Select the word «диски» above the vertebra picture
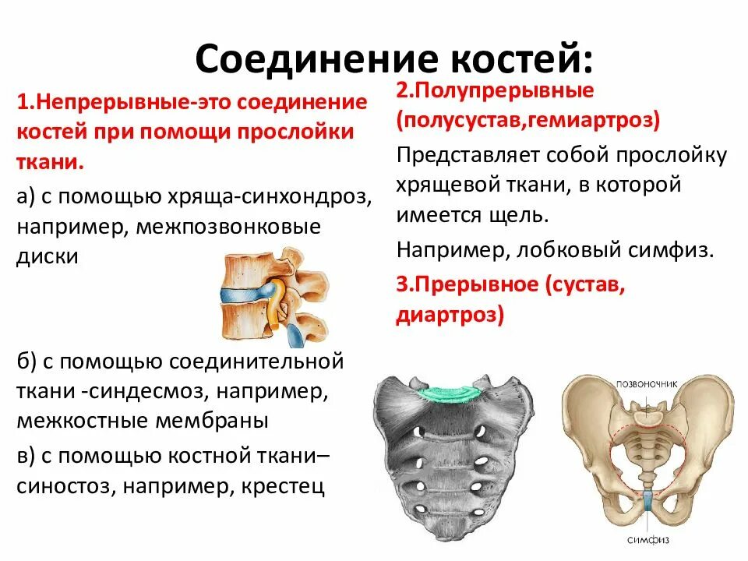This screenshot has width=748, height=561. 48,256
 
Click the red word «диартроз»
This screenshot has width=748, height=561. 450,314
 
